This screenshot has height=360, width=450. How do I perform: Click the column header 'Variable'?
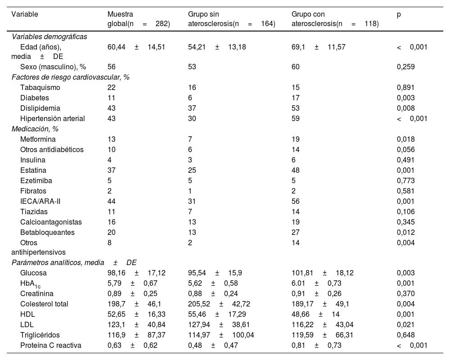[x=25, y=14]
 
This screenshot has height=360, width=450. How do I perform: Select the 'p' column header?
[x=399, y=14]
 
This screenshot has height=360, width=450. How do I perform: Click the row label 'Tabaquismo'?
[x=40, y=88]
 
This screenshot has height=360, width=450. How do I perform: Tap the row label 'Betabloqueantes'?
[x=47, y=233]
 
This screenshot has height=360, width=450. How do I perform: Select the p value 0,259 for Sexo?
[x=405, y=67]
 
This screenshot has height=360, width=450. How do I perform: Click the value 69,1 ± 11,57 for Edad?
[x=318, y=47]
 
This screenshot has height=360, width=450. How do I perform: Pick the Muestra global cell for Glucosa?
[x=130, y=273]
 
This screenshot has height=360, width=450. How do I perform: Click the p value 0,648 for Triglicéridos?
[x=405, y=335]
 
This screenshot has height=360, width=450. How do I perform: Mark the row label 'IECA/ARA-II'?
[x=40, y=202]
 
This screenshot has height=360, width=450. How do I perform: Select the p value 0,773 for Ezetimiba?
[x=405, y=181]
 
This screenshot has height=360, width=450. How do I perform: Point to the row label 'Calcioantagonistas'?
[x=48, y=222]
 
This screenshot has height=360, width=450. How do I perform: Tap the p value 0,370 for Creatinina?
[x=405, y=294]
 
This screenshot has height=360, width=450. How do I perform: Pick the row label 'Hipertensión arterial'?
[x=53, y=119]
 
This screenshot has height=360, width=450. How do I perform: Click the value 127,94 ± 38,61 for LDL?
[x=216, y=325]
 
